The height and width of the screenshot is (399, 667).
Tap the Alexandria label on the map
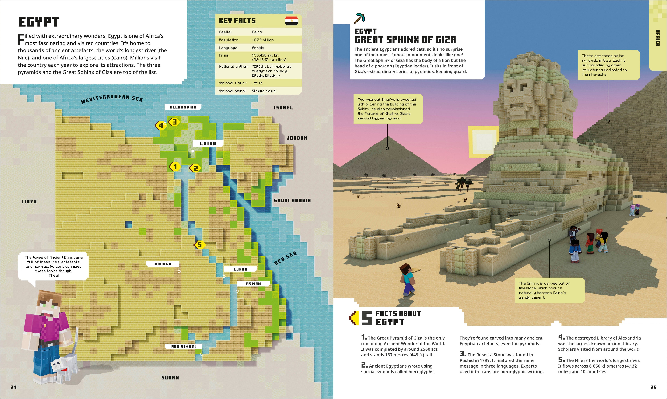tap(183, 107)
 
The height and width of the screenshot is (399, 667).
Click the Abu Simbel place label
tap(184, 346)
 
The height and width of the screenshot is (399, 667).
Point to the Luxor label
tap(240, 269)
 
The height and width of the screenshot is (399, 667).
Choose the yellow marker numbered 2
tap(195, 168)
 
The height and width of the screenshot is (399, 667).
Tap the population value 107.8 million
tap(262, 40)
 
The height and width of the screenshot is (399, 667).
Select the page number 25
tap(653, 387)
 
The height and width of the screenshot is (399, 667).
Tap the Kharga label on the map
tap(163, 264)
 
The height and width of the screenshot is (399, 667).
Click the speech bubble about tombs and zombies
tap(53, 266)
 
